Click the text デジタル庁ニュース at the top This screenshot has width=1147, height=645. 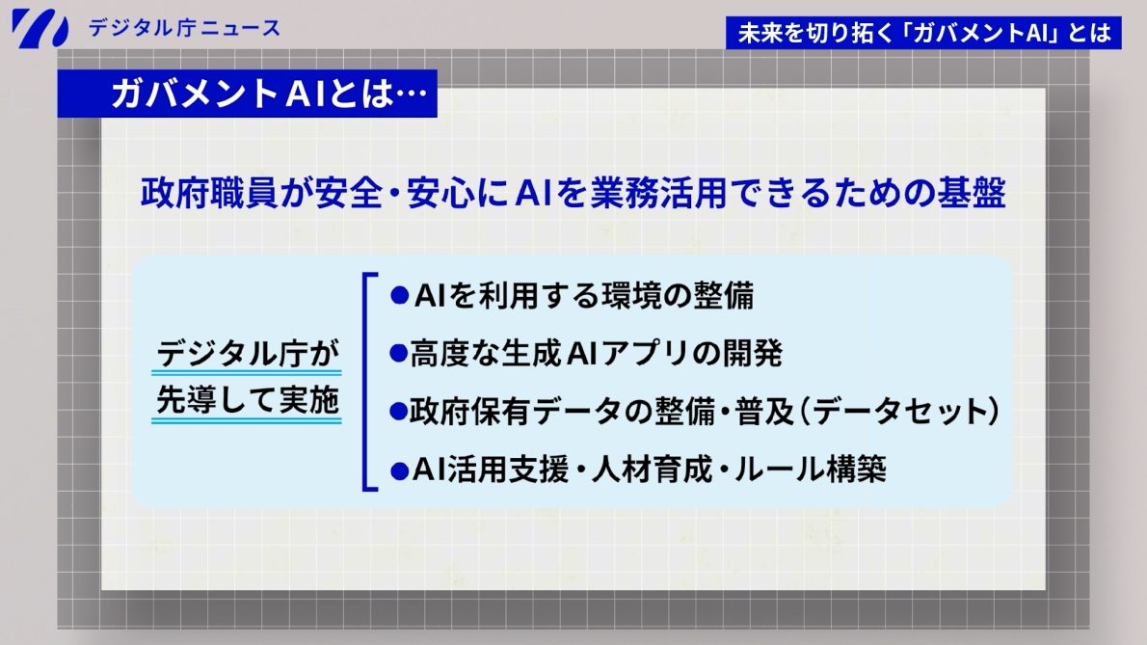pyautogui.click(x=184, y=27)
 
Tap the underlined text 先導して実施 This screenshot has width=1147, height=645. pyautogui.click(x=249, y=402)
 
